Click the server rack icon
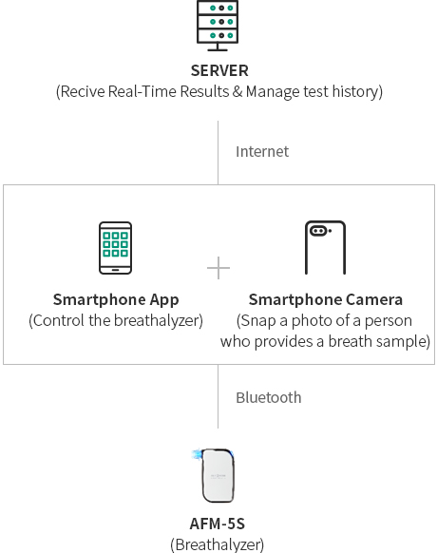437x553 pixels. pos(218,26)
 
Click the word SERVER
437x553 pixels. pos(219,70)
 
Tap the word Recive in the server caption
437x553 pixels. pos(83,92)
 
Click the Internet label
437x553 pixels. pos(262,152)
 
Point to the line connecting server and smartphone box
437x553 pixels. pos(218,152)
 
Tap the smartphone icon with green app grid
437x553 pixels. pos(115,248)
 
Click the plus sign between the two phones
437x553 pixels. pos(218,268)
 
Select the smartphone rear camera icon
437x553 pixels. pos(325,248)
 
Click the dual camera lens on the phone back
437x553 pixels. pos(318,231)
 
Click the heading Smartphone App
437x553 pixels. pos(116,300)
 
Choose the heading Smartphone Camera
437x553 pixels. pos(325,299)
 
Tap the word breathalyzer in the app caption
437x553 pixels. pos(157,321)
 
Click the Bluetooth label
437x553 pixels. pos(269,398)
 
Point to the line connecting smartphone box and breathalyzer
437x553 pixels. pos(218,396)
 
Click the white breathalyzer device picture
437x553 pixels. pos(216,475)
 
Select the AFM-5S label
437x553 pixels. pos(218,524)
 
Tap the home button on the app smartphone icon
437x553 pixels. pos(115,270)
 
